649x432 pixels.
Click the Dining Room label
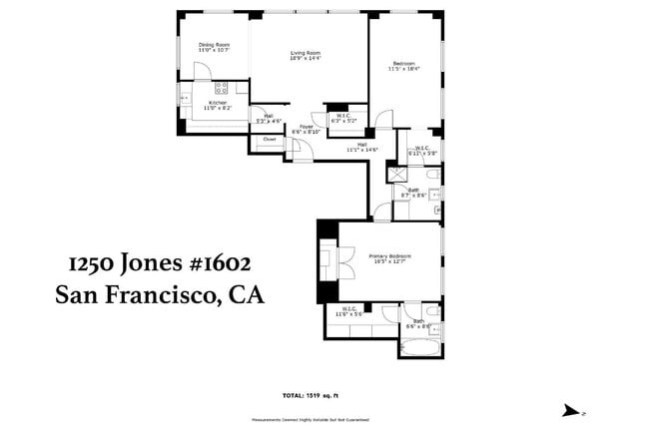pyautogui.click(x=213, y=47)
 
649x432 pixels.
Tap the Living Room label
pyautogui.click(x=305, y=54)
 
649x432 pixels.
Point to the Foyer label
pyautogui.click(x=307, y=129)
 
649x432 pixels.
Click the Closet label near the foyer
pyautogui.click(x=270, y=139)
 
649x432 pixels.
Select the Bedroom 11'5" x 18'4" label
pyautogui.click(x=404, y=67)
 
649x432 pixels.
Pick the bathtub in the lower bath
pyautogui.click(x=419, y=347)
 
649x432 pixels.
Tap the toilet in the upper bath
pyautogui.click(x=434, y=176)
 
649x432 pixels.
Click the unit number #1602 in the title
pyautogui.click(x=211, y=263)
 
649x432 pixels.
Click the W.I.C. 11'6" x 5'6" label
pyautogui.click(x=350, y=312)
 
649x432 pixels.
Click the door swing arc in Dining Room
pyautogui.click(x=203, y=70)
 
